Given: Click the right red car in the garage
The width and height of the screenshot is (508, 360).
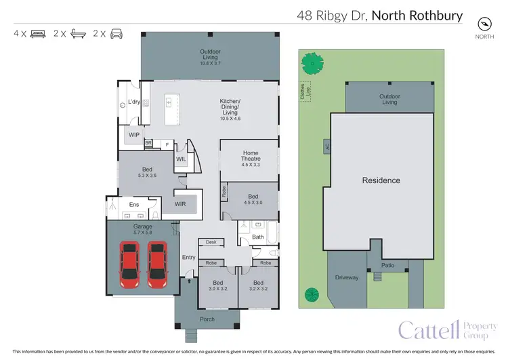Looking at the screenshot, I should [x=157, y=264].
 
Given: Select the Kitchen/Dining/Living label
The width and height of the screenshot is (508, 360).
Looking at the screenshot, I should [x=230, y=110].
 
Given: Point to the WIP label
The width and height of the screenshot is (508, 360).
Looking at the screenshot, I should [x=134, y=135].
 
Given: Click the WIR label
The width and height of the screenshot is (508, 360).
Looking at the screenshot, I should [x=180, y=203].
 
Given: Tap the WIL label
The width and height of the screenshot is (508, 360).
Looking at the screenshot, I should [x=181, y=159].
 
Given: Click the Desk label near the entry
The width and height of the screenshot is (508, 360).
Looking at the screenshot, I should [x=211, y=242].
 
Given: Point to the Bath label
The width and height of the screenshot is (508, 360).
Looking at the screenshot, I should [x=257, y=237].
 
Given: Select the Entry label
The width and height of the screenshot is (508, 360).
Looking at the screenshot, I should [x=188, y=257].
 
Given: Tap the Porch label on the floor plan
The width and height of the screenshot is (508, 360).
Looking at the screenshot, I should [x=207, y=319].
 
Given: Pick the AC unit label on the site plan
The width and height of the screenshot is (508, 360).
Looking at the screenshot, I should [x=326, y=146].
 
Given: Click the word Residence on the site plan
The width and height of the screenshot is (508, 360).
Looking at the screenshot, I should [x=381, y=180].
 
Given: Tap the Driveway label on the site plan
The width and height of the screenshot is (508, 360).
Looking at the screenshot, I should [x=346, y=278].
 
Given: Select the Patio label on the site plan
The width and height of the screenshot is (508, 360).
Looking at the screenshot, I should [x=387, y=265].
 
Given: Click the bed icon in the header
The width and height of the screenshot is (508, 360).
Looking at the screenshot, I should [x=39, y=33].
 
